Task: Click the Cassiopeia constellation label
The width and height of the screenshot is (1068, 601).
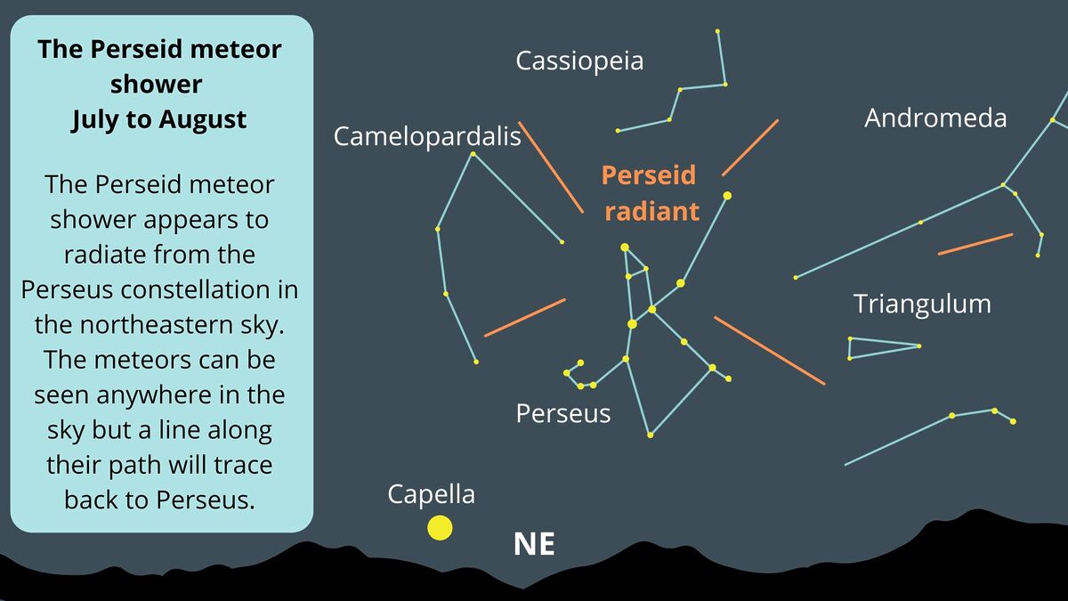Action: [579, 61]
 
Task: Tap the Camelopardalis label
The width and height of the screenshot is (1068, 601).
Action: [427, 137]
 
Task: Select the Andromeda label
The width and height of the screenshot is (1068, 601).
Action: [935, 118]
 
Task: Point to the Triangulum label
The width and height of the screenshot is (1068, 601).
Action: [922, 305]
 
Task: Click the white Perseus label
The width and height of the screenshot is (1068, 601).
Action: [563, 413]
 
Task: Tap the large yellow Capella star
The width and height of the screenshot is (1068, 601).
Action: [440, 527]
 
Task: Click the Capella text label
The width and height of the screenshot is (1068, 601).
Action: [431, 495]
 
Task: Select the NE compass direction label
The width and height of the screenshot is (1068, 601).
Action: [534, 544]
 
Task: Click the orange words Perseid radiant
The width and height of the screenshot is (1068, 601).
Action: [651, 193]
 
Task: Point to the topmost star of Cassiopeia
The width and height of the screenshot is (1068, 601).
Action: [717, 31]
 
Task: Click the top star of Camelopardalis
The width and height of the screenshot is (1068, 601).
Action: [473, 154]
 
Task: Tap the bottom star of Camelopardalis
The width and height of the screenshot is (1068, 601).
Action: [476, 362]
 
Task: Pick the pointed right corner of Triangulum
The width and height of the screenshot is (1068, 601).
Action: [919, 346]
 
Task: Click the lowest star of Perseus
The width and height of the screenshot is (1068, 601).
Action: [650, 435]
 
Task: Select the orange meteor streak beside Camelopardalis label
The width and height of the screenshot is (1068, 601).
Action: [551, 167]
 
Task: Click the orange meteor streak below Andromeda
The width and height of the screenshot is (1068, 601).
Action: [975, 244]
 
